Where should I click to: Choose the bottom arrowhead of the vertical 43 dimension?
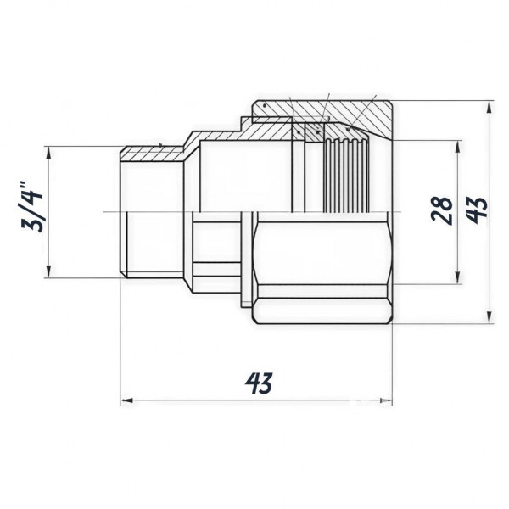click(491, 318)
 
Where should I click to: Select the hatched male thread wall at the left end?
click(148, 149)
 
